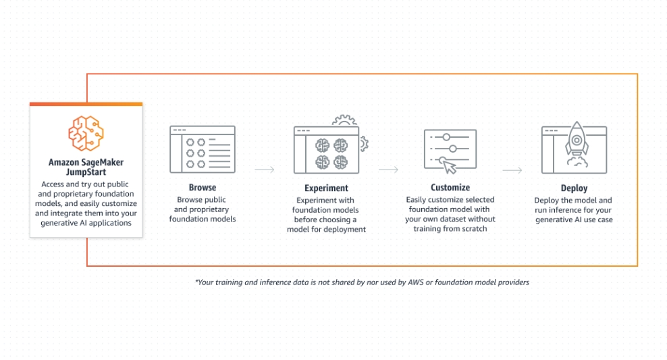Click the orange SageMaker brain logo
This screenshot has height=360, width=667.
tap(86, 133)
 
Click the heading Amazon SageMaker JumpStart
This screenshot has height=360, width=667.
tap(86, 167)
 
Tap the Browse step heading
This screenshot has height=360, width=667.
tap(203, 188)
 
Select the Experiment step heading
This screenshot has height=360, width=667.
tap(326, 188)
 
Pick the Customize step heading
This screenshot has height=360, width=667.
tap(450, 188)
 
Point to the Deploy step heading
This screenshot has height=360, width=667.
tap(574, 188)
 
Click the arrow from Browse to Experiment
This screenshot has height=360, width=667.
tap(265, 170)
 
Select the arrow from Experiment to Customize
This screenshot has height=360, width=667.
tap(388, 170)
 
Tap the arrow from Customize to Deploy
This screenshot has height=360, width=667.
tap(512, 170)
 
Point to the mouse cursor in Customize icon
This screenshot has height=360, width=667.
tap(449, 166)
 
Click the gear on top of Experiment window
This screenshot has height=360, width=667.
tap(344, 120)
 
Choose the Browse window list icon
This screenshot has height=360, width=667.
tap(203, 149)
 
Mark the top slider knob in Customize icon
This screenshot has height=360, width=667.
tap(446, 137)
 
